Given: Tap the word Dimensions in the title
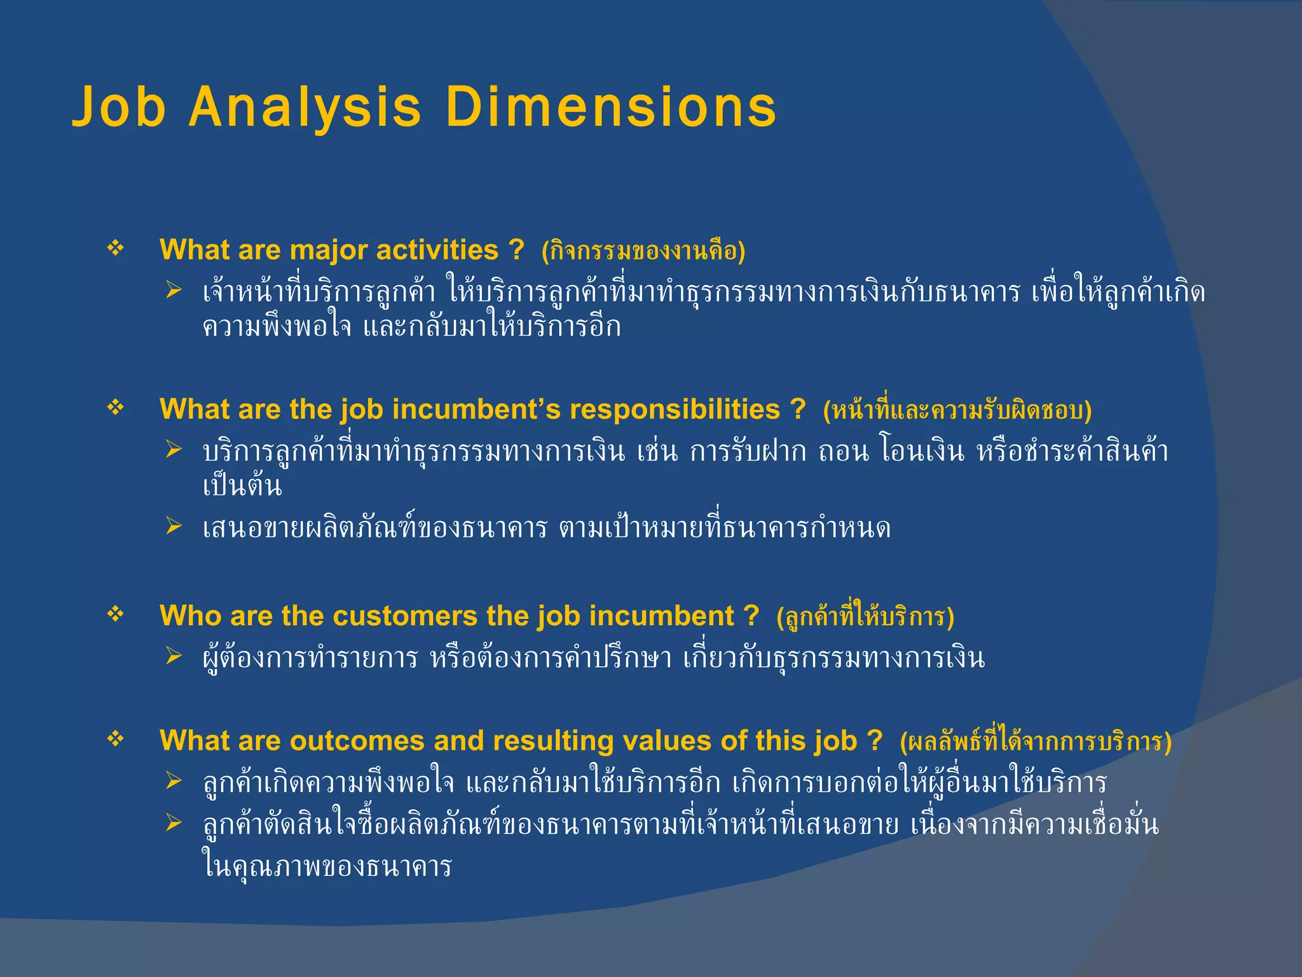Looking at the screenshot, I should [x=610, y=107].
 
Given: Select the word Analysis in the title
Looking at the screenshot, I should [x=305, y=107].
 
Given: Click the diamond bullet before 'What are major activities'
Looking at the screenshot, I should [x=116, y=248].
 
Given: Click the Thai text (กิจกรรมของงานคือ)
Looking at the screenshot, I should [x=643, y=251].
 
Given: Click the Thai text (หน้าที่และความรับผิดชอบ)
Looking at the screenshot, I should [x=957, y=410].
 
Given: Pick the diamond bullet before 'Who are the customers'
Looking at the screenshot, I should [x=116, y=614].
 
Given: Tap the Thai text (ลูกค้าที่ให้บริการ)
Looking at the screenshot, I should [x=865, y=617].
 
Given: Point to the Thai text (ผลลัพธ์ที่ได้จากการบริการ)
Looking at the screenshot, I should [x=1035, y=742].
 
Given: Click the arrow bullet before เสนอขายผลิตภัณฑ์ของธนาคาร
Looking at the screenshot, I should [x=174, y=526].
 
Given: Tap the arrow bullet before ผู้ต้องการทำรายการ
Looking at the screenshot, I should [x=174, y=655].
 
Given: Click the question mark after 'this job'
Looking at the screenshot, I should [x=875, y=740].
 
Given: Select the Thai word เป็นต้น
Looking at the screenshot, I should [x=242, y=486].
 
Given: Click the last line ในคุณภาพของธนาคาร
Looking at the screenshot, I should [x=327, y=866].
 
